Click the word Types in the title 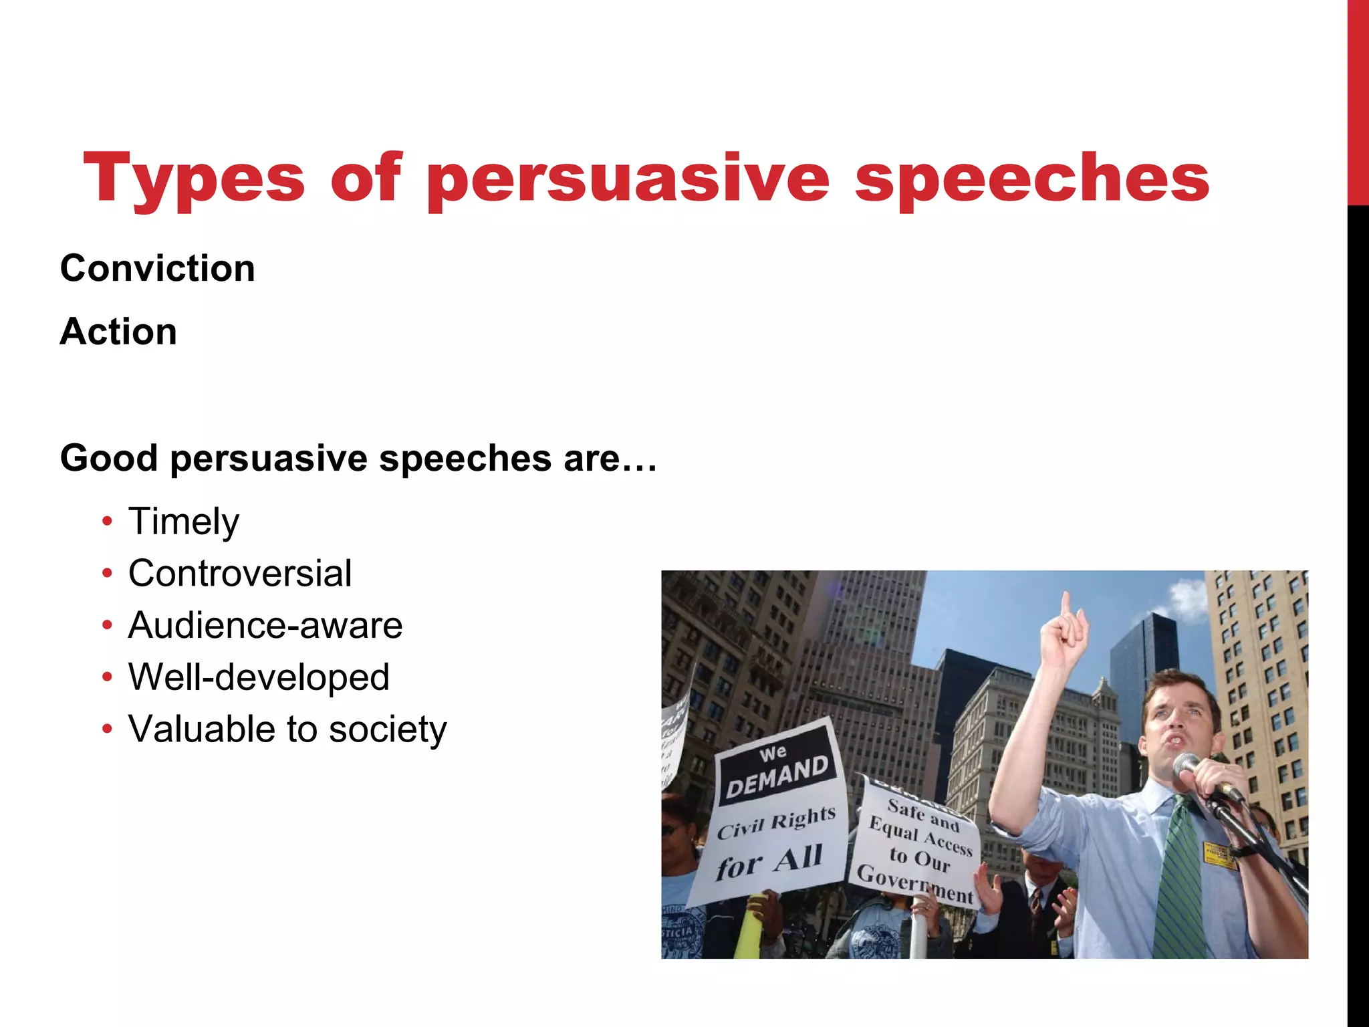(194, 178)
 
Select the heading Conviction (158, 269)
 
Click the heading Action (118, 332)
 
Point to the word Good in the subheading (109, 459)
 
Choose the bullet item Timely (183, 522)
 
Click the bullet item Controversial (239, 574)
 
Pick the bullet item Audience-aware (265, 625)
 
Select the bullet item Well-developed (259, 677)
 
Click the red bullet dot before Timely (108, 522)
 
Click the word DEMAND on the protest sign (777, 778)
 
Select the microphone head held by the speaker (1188, 764)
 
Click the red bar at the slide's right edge (1358, 100)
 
